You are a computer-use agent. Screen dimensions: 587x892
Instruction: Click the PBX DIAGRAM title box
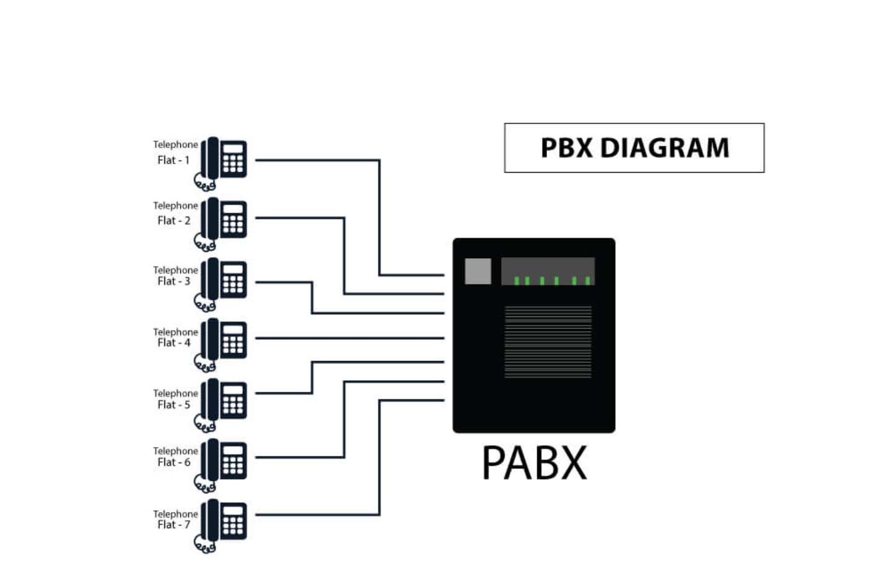[634, 148]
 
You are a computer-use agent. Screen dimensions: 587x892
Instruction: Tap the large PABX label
[534, 463]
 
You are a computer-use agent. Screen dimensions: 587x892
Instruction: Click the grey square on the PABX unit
[478, 271]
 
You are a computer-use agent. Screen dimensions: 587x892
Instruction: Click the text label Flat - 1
[173, 160]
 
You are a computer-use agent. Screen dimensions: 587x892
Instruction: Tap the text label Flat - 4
[173, 343]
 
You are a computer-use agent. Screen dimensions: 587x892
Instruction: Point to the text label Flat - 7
[173, 525]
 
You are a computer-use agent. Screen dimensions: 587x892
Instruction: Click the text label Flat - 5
[173, 405]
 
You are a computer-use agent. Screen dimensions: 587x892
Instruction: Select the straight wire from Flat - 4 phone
[350, 338]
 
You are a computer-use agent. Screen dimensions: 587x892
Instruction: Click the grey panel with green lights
[548, 271]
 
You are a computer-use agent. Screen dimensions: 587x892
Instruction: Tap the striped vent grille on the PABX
[548, 341]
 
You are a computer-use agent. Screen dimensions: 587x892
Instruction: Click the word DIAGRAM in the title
[665, 148]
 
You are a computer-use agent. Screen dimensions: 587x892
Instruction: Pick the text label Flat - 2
[173, 220]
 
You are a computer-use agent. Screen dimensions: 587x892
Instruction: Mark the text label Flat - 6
[173, 463]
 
